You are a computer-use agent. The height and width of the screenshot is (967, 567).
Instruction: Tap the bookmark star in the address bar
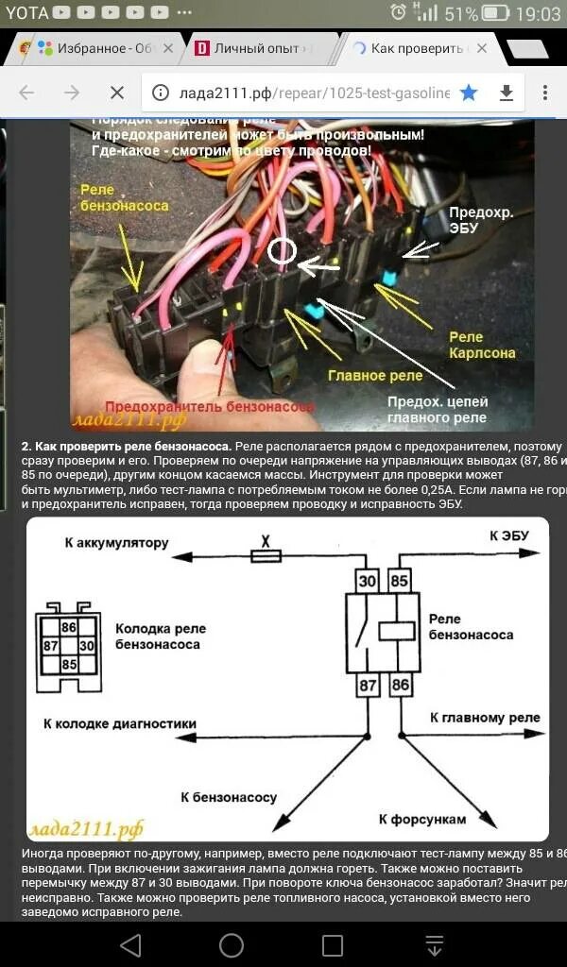point(469,93)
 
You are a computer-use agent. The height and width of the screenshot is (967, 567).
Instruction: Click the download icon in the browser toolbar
point(507,93)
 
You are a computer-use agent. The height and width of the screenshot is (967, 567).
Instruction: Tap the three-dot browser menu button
point(545,93)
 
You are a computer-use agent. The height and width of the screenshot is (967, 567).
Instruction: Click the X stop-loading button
point(116,93)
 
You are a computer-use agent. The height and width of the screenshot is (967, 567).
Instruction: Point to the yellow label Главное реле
point(375,375)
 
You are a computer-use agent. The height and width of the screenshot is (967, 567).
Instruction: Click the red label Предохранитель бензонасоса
point(210,406)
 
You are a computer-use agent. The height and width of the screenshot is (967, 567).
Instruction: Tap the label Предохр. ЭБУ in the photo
point(480,220)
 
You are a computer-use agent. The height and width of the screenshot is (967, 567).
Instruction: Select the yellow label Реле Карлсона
point(482,345)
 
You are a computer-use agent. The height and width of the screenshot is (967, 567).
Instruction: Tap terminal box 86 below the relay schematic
point(402,686)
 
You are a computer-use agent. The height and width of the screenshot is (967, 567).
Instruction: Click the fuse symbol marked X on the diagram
point(266,556)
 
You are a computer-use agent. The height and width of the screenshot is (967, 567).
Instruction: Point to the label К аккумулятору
point(116,543)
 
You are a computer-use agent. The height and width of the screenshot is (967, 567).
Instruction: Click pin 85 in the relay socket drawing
point(69,664)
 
